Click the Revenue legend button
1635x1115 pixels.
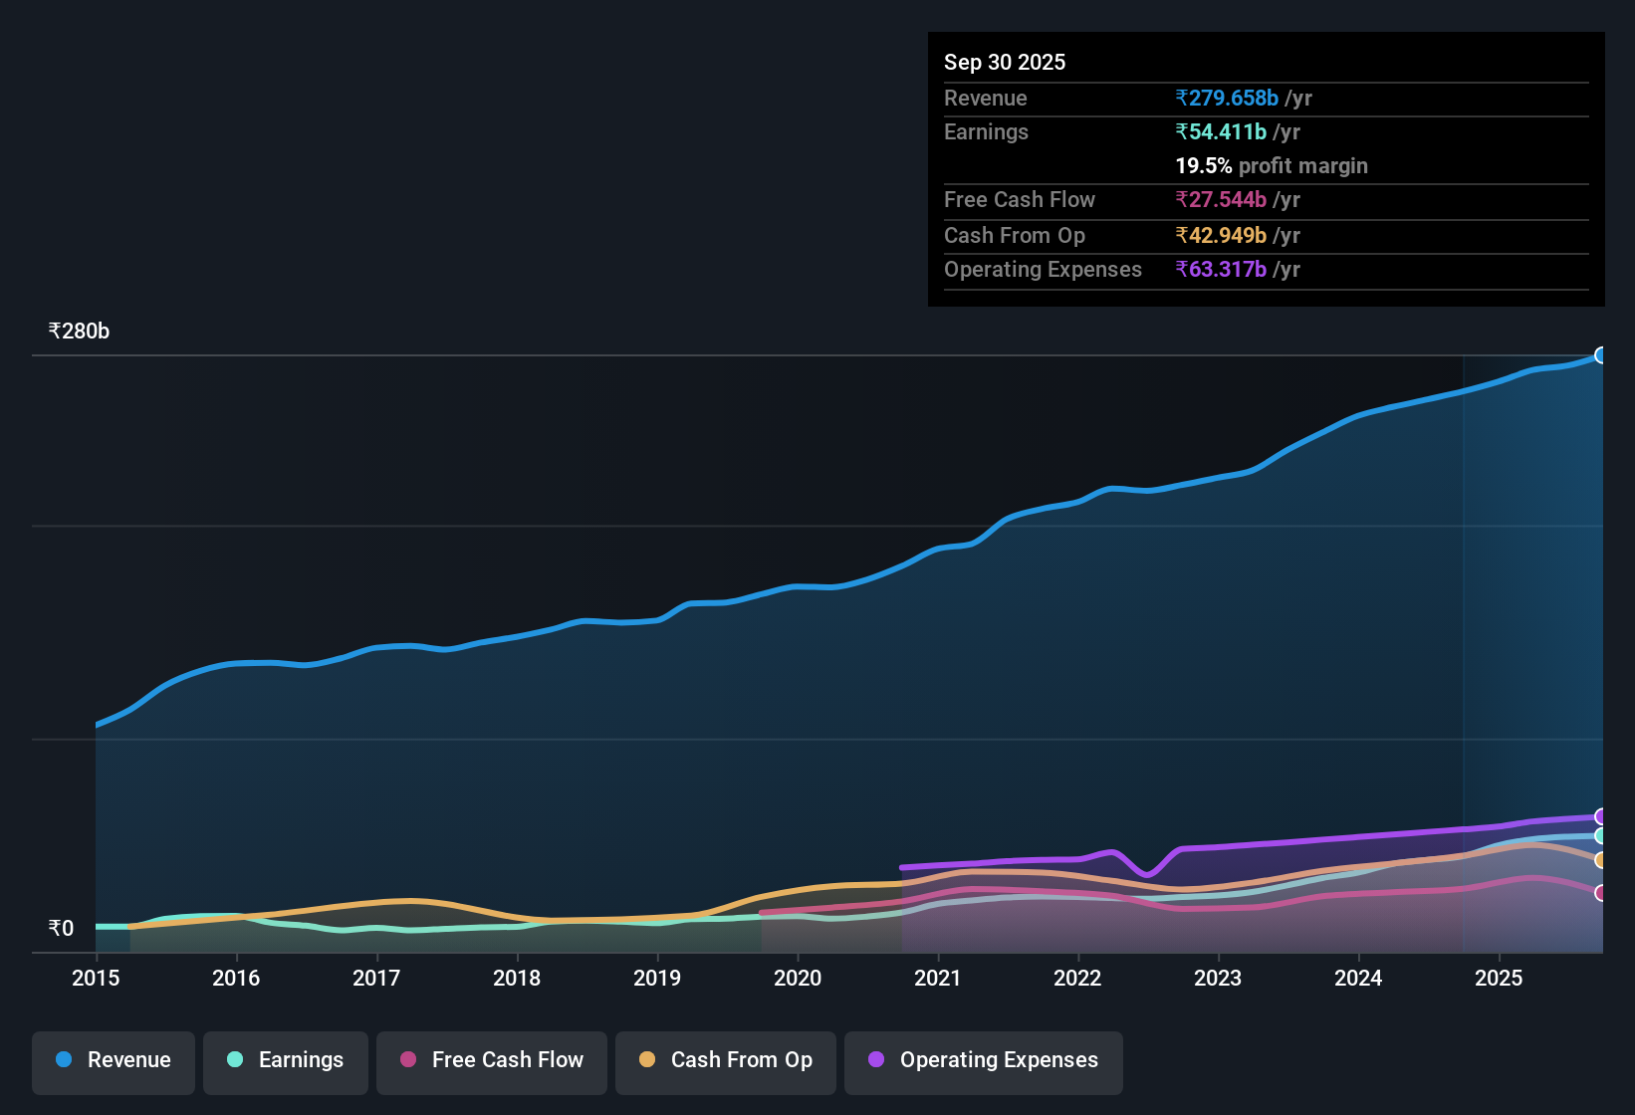click(x=114, y=1060)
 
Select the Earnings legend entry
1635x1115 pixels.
click(x=286, y=1060)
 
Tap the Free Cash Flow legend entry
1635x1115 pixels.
click(x=492, y=1060)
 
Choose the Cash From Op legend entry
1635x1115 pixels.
click(x=726, y=1060)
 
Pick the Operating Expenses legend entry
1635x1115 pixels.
click(x=984, y=1060)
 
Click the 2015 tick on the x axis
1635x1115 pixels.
click(x=96, y=978)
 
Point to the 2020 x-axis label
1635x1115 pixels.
click(x=798, y=978)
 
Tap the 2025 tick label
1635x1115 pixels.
click(x=1499, y=978)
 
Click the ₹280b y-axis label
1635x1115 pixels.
click(x=79, y=332)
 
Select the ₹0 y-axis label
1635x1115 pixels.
click(x=61, y=929)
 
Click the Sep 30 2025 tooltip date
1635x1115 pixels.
click(x=1005, y=62)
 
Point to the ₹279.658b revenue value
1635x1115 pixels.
click(x=1227, y=98)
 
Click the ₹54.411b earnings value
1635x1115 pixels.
click(x=1221, y=131)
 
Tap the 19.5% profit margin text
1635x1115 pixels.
click(x=1272, y=165)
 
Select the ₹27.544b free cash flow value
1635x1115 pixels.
click(x=1221, y=199)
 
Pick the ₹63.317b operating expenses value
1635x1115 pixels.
click(x=1221, y=269)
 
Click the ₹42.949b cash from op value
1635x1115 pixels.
click(x=1221, y=235)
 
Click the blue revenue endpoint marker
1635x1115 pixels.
click(x=1601, y=355)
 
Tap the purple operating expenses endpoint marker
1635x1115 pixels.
click(x=1601, y=816)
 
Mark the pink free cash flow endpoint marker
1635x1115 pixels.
click(x=1601, y=893)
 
